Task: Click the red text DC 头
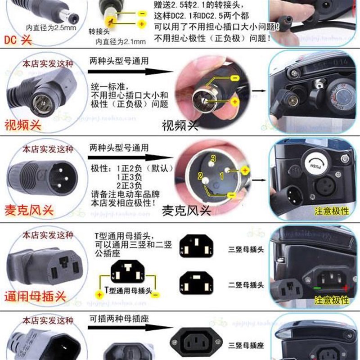click(x=17, y=40)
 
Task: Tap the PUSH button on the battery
click(x=316, y=160)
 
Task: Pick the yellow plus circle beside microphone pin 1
click(x=245, y=170)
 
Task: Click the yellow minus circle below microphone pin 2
click(x=231, y=195)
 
